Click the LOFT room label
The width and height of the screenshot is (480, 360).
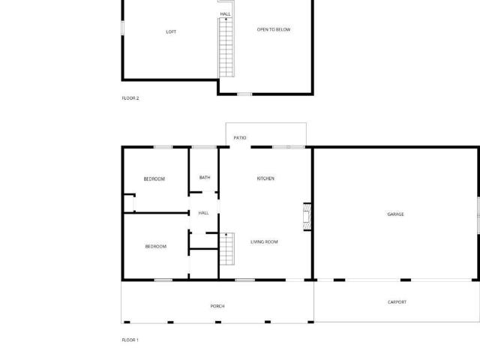pyautogui.click(x=171, y=31)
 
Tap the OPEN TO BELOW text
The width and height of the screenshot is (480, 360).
pyautogui.click(x=274, y=30)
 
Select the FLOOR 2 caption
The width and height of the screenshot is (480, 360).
pyautogui.click(x=130, y=98)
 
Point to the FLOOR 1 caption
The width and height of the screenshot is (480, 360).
pyautogui.click(x=130, y=340)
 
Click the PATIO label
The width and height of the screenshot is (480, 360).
pyautogui.click(x=240, y=138)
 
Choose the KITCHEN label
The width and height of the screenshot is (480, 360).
pyautogui.click(x=265, y=178)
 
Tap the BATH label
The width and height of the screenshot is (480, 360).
pyautogui.click(x=205, y=178)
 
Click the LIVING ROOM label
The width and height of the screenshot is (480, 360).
pyautogui.click(x=264, y=241)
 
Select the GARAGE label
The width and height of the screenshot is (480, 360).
pyautogui.click(x=395, y=214)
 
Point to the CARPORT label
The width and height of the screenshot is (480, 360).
pyautogui.click(x=397, y=302)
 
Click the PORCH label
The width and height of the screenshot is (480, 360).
pyautogui.click(x=217, y=306)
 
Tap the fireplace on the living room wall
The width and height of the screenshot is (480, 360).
pyautogui.click(x=307, y=217)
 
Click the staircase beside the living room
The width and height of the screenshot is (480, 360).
pyautogui.click(x=227, y=248)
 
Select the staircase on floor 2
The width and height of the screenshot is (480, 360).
pyautogui.click(x=226, y=47)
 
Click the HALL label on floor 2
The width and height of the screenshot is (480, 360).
pyautogui.click(x=226, y=14)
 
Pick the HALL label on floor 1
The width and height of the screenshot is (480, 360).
pyautogui.click(x=203, y=213)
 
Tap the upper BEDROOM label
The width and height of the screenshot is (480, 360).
pyautogui.click(x=154, y=179)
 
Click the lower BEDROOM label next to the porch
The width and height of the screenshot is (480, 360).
pyautogui.click(x=156, y=247)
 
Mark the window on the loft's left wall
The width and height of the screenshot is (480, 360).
pyautogui.click(x=122, y=28)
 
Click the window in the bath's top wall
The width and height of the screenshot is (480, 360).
pyautogui.click(x=205, y=147)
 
